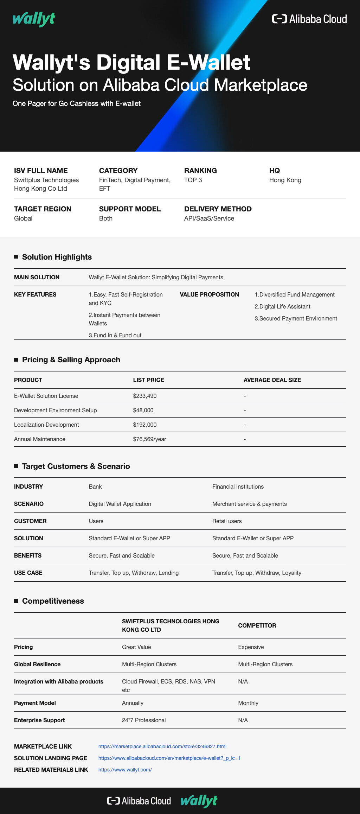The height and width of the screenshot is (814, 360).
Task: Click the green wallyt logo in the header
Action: (x=34, y=19)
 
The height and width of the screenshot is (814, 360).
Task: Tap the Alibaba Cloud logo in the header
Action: (x=309, y=19)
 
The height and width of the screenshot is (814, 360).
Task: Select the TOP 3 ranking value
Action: (x=193, y=180)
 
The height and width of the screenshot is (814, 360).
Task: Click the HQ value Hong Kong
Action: (x=285, y=180)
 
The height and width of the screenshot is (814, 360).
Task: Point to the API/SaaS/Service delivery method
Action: (x=209, y=218)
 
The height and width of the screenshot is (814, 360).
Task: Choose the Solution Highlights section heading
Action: (x=57, y=257)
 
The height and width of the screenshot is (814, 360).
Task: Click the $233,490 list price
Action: (x=145, y=396)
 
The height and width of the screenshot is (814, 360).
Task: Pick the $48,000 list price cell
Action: (x=143, y=411)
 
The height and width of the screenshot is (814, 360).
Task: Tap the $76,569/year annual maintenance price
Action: (x=149, y=439)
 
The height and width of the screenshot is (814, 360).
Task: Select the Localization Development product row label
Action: (x=46, y=425)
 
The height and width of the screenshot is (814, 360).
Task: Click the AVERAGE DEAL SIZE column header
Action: (x=272, y=380)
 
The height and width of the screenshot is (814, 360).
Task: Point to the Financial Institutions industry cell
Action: (x=238, y=487)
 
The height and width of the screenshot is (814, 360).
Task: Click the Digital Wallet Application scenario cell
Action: (x=120, y=504)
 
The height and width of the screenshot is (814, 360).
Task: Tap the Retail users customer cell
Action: (x=227, y=521)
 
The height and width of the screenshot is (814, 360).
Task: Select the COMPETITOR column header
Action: (x=257, y=626)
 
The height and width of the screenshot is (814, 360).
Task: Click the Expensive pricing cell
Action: (x=251, y=647)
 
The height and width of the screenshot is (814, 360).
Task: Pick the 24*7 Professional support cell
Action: (x=144, y=720)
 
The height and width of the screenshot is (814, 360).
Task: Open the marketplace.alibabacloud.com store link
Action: (x=162, y=746)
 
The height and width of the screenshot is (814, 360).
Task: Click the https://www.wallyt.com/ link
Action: (x=125, y=770)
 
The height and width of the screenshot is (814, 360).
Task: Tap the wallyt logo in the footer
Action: (x=199, y=801)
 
